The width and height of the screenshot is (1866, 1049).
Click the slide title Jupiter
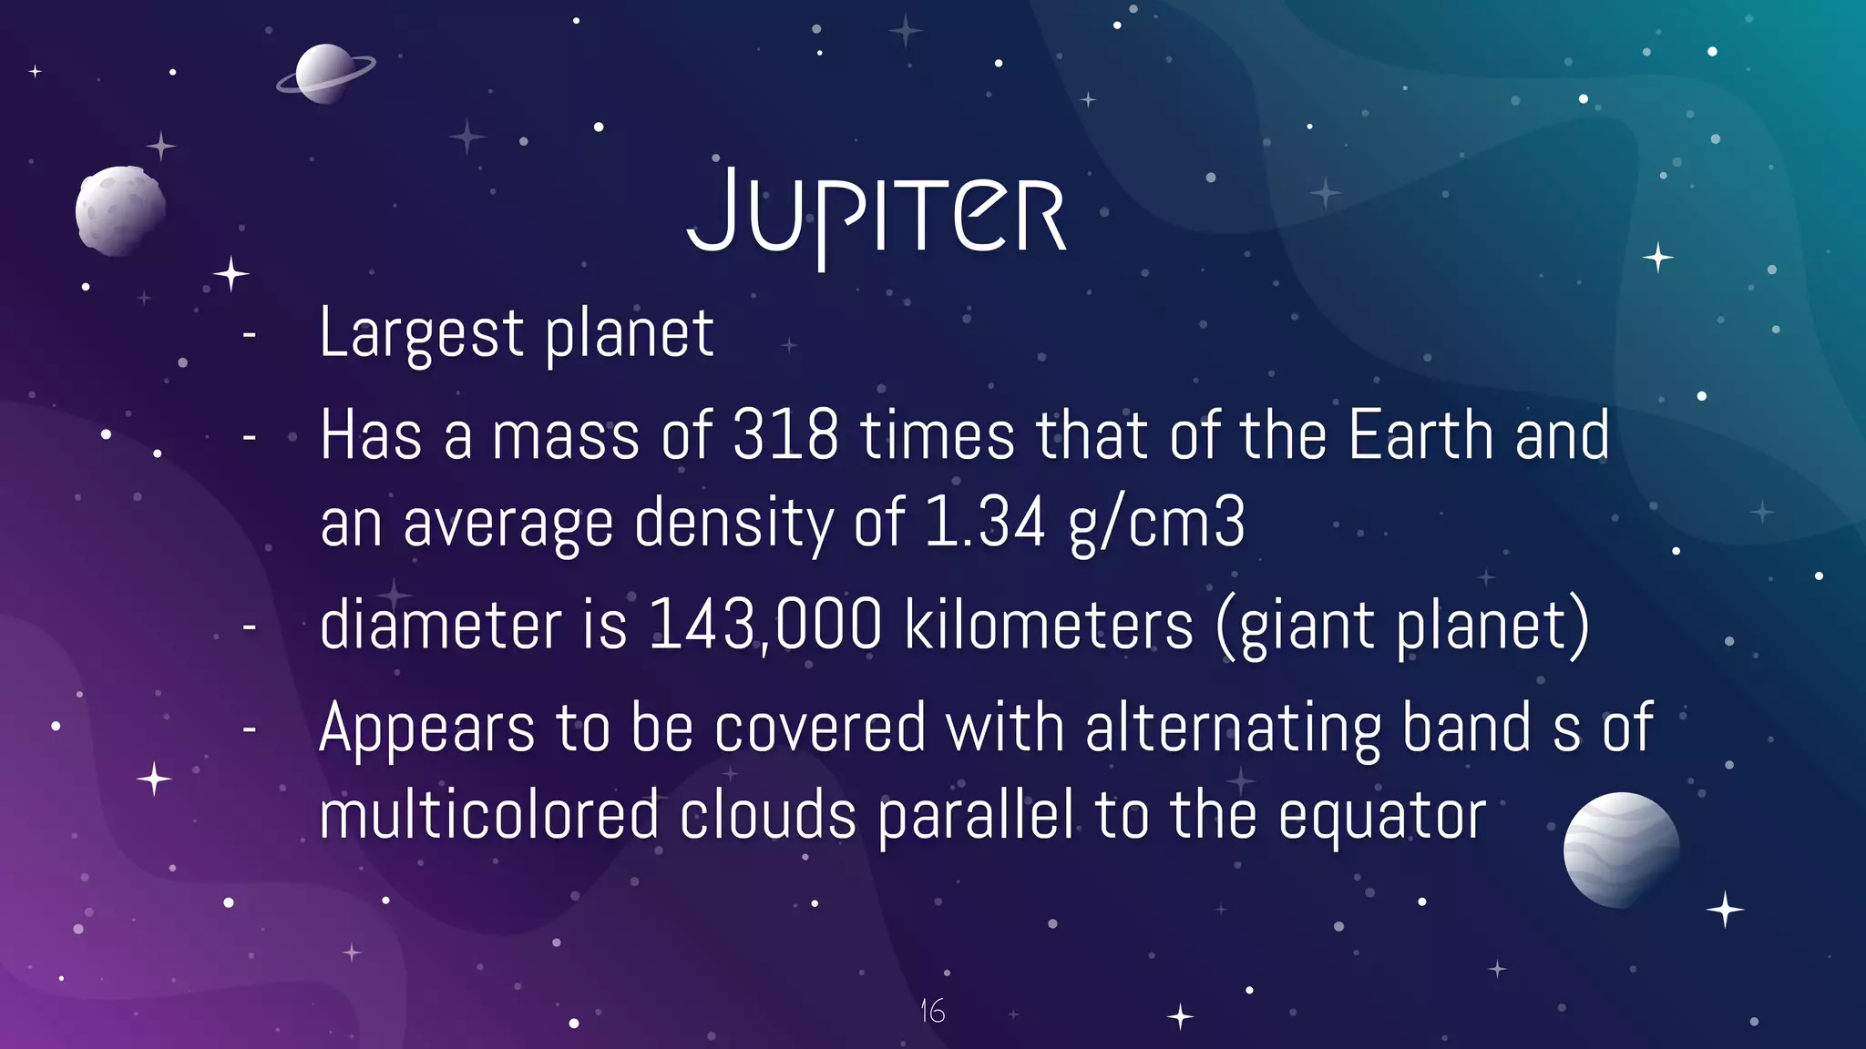click(x=876, y=214)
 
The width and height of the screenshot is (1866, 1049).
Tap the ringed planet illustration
click(x=324, y=74)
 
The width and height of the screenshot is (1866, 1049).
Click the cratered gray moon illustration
click(x=119, y=210)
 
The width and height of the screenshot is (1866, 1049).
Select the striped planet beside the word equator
click(x=1621, y=850)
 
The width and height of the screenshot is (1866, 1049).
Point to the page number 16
click(x=932, y=1010)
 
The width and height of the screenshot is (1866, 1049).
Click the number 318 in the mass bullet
click(x=784, y=435)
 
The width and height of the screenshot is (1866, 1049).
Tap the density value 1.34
click(x=984, y=523)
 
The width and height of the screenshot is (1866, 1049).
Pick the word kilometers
click(x=1048, y=625)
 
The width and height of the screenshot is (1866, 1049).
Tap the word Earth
click(x=1420, y=435)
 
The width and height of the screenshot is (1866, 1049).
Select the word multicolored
click(x=488, y=814)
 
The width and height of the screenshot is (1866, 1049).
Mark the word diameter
click(x=440, y=625)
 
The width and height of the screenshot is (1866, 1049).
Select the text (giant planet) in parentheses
click(x=1403, y=626)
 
